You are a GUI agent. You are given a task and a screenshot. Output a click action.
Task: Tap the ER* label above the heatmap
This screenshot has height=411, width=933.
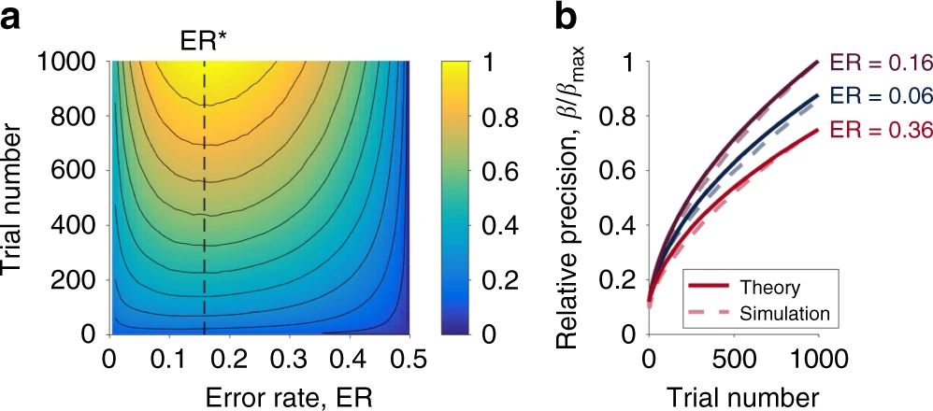[x=204, y=40]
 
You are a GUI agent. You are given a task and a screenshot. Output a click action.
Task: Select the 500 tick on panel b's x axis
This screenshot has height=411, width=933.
[x=732, y=360]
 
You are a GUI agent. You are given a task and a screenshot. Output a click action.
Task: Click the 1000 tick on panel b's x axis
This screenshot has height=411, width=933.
[x=817, y=360]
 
